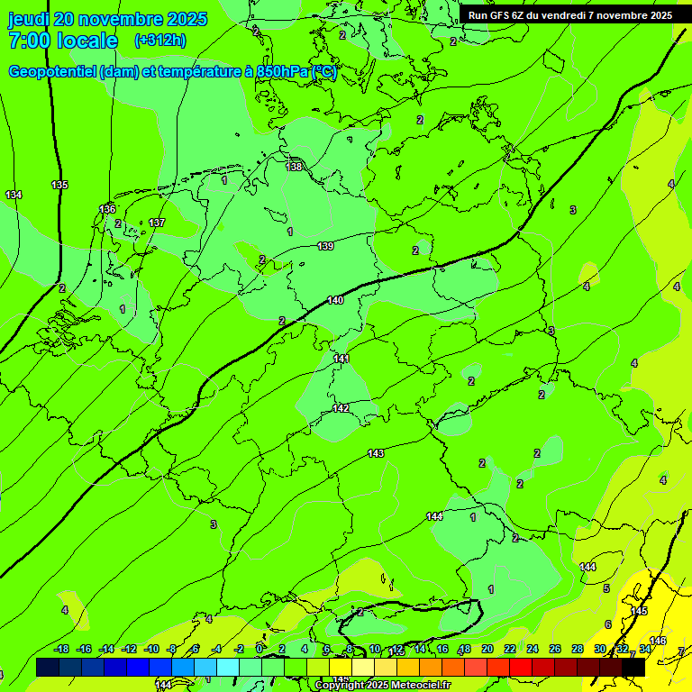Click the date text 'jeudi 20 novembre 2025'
[107, 19]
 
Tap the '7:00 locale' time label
[63, 41]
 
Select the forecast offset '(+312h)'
[160, 41]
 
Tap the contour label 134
[14, 196]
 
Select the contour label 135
[59, 185]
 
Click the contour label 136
[107, 209]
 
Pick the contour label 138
[295, 167]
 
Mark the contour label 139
[325, 246]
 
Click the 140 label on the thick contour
[335, 300]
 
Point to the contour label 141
[341, 359]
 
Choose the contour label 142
[341, 408]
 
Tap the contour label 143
[376, 453]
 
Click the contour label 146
[658, 641]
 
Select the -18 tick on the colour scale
[62, 650]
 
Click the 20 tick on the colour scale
[487, 650]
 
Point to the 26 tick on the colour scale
[554, 650]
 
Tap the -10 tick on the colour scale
[151, 650]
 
